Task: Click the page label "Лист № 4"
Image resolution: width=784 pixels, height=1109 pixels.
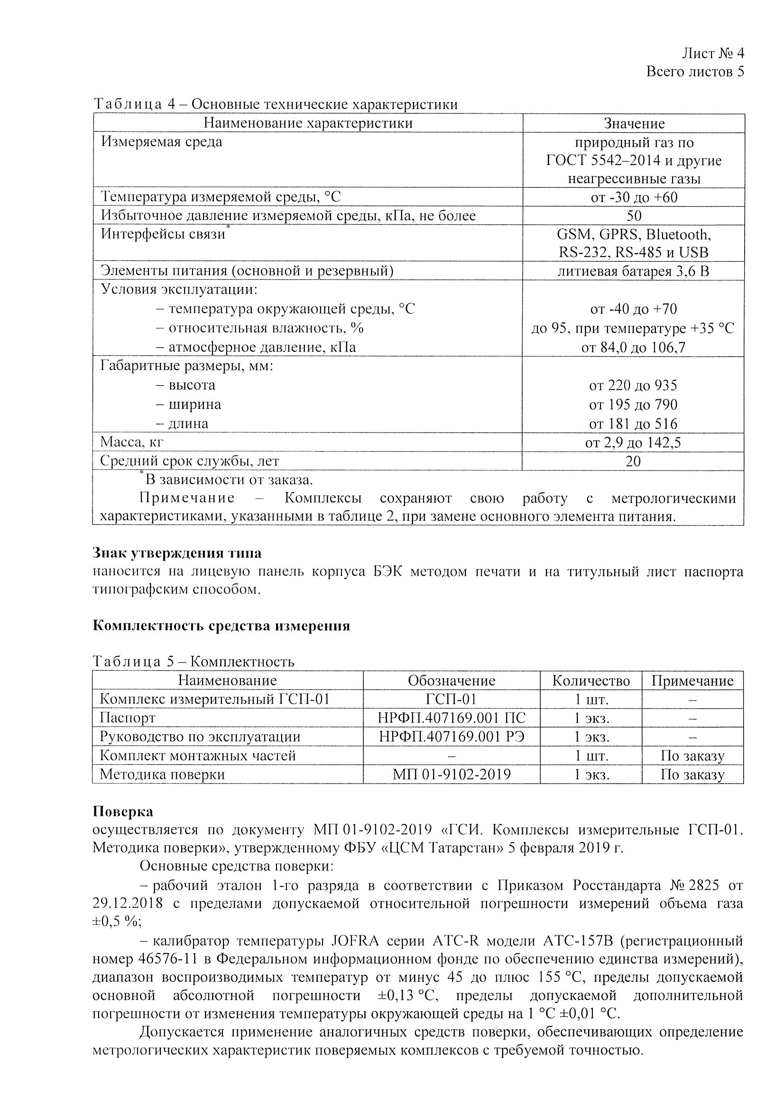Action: click(712, 53)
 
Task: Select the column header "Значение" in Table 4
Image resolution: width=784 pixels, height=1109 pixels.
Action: click(634, 123)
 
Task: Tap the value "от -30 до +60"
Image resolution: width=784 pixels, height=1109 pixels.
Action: click(634, 197)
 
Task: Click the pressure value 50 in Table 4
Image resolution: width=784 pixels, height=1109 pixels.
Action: click(634, 215)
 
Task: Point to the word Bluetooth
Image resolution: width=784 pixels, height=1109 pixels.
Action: click(678, 234)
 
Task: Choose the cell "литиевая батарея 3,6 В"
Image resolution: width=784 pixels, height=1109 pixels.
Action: click(634, 271)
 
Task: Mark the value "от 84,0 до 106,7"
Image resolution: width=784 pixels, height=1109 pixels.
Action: click(634, 347)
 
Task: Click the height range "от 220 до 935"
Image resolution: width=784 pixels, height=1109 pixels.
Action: click(633, 385)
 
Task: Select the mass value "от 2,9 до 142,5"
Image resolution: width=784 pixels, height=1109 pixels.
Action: click(633, 443)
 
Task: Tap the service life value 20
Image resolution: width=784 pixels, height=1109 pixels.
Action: click(633, 461)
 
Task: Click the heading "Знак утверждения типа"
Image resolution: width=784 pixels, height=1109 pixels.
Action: click(177, 553)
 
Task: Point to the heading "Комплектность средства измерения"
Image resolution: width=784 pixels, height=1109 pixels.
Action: click(221, 626)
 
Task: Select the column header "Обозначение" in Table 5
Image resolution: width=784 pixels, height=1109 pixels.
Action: click(452, 681)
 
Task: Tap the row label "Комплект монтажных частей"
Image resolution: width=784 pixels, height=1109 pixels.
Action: click(198, 756)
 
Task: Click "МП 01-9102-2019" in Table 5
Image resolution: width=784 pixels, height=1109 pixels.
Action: click(452, 774)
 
